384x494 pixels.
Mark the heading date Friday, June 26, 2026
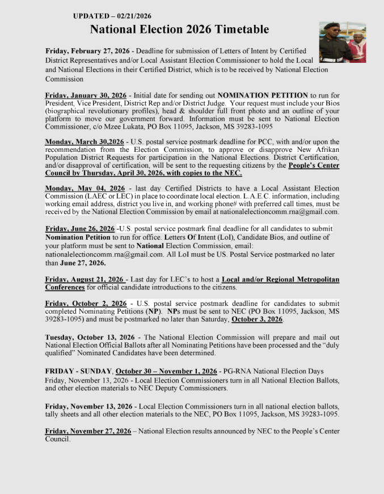tap(80, 228)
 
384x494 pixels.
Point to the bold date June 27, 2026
tap(83, 263)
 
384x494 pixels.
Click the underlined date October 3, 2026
tap(257, 320)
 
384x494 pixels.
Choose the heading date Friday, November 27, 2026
tap(88, 431)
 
